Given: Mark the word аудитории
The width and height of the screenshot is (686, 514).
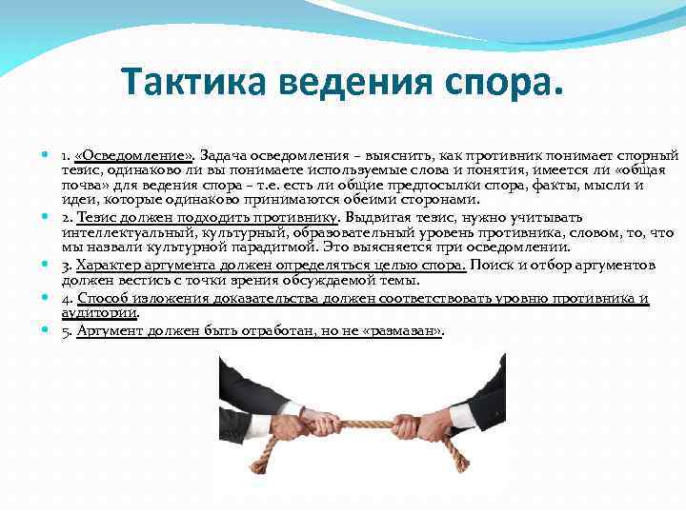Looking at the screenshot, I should pos(99,312).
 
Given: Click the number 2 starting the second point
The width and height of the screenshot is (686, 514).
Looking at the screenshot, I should pos(66,217).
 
